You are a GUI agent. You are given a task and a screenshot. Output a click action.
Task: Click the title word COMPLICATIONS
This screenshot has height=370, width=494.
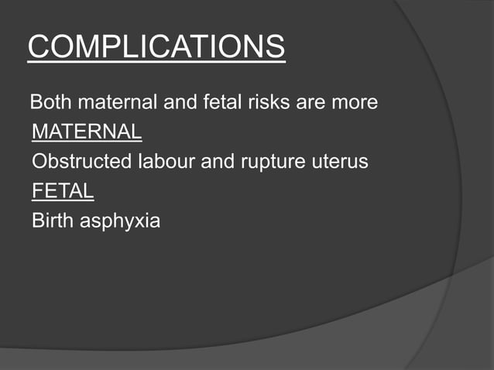tap(156, 47)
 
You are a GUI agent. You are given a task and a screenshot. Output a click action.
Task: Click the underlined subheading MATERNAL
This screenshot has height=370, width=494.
tap(87, 132)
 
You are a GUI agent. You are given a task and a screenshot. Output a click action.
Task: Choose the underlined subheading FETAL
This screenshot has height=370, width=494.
tap(63, 192)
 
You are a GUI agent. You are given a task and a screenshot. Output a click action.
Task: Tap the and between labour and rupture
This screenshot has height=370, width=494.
tap(218, 163)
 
